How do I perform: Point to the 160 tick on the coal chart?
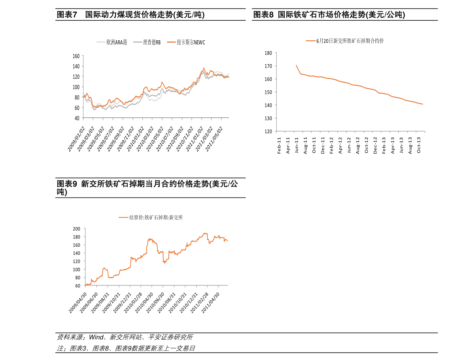pyautogui.click(x=76, y=56)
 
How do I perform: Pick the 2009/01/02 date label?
pyautogui.click(x=76, y=140)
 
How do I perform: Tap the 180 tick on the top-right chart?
pyautogui.click(x=268, y=53)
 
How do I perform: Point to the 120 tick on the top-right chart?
pyautogui.click(x=268, y=131)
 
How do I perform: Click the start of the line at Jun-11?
pyautogui.click(x=296, y=65)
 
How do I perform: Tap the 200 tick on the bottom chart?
pyautogui.click(x=77, y=229)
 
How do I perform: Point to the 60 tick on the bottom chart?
pyautogui.click(x=78, y=286)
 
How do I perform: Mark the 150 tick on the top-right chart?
pyautogui.click(x=268, y=92)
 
